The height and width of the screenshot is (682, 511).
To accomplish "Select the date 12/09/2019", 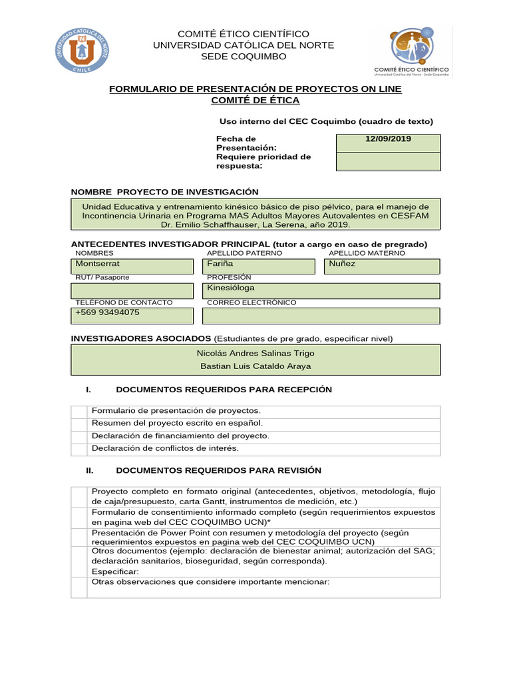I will pyautogui.click(x=388, y=139).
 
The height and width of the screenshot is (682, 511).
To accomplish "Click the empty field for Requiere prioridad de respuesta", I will pyautogui.click(x=388, y=161).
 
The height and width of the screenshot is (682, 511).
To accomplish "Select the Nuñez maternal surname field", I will pyautogui.click(x=382, y=266).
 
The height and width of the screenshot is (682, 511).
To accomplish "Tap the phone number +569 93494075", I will pyautogui.click(x=108, y=312).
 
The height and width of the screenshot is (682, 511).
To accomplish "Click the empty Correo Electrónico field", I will pyautogui.click(x=321, y=316).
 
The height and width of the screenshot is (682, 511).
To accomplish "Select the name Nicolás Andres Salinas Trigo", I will pyautogui.click(x=256, y=353).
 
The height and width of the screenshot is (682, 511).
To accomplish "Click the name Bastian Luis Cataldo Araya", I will pyautogui.click(x=256, y=366).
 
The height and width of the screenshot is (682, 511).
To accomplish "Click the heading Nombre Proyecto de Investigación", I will pyautogui.click(x=164, y=191).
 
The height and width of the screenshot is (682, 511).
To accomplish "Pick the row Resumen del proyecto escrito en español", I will pyautogui.click(x=177, y=423).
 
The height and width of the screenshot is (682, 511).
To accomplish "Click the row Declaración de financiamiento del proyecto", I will pyautogui.click(x=180, y=436).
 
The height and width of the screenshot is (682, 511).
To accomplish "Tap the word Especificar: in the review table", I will pyautogui.click(x=115, y=572).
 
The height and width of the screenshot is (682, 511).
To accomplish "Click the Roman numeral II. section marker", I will pyautogui.click(x=91, y=470).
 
